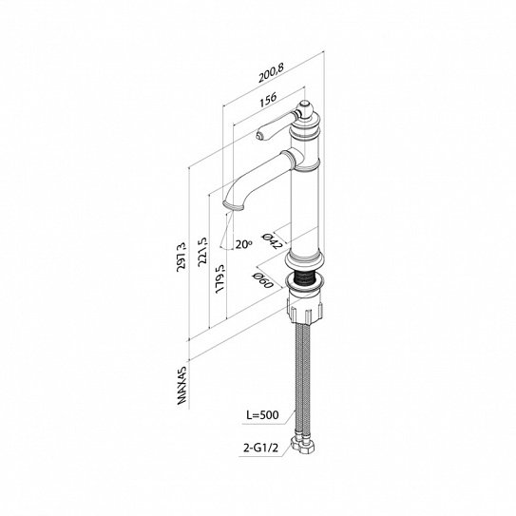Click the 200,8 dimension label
point(271,72)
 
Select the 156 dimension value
point(268,99)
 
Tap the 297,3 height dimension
point(182,258)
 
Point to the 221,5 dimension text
point(203,251)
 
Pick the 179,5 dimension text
point(220,278)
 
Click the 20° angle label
point(243,244)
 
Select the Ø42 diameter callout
point(272,239)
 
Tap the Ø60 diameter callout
point(263,280)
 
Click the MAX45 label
point(182,386)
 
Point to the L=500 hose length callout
point(262,414)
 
